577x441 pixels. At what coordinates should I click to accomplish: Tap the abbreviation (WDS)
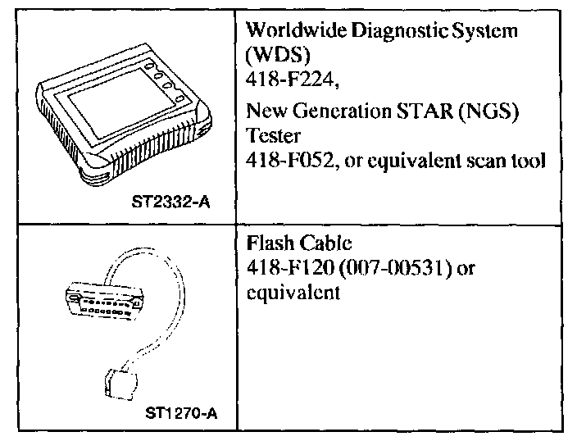tap(272, 57)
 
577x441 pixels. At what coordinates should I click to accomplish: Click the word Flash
tap(267, 243)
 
